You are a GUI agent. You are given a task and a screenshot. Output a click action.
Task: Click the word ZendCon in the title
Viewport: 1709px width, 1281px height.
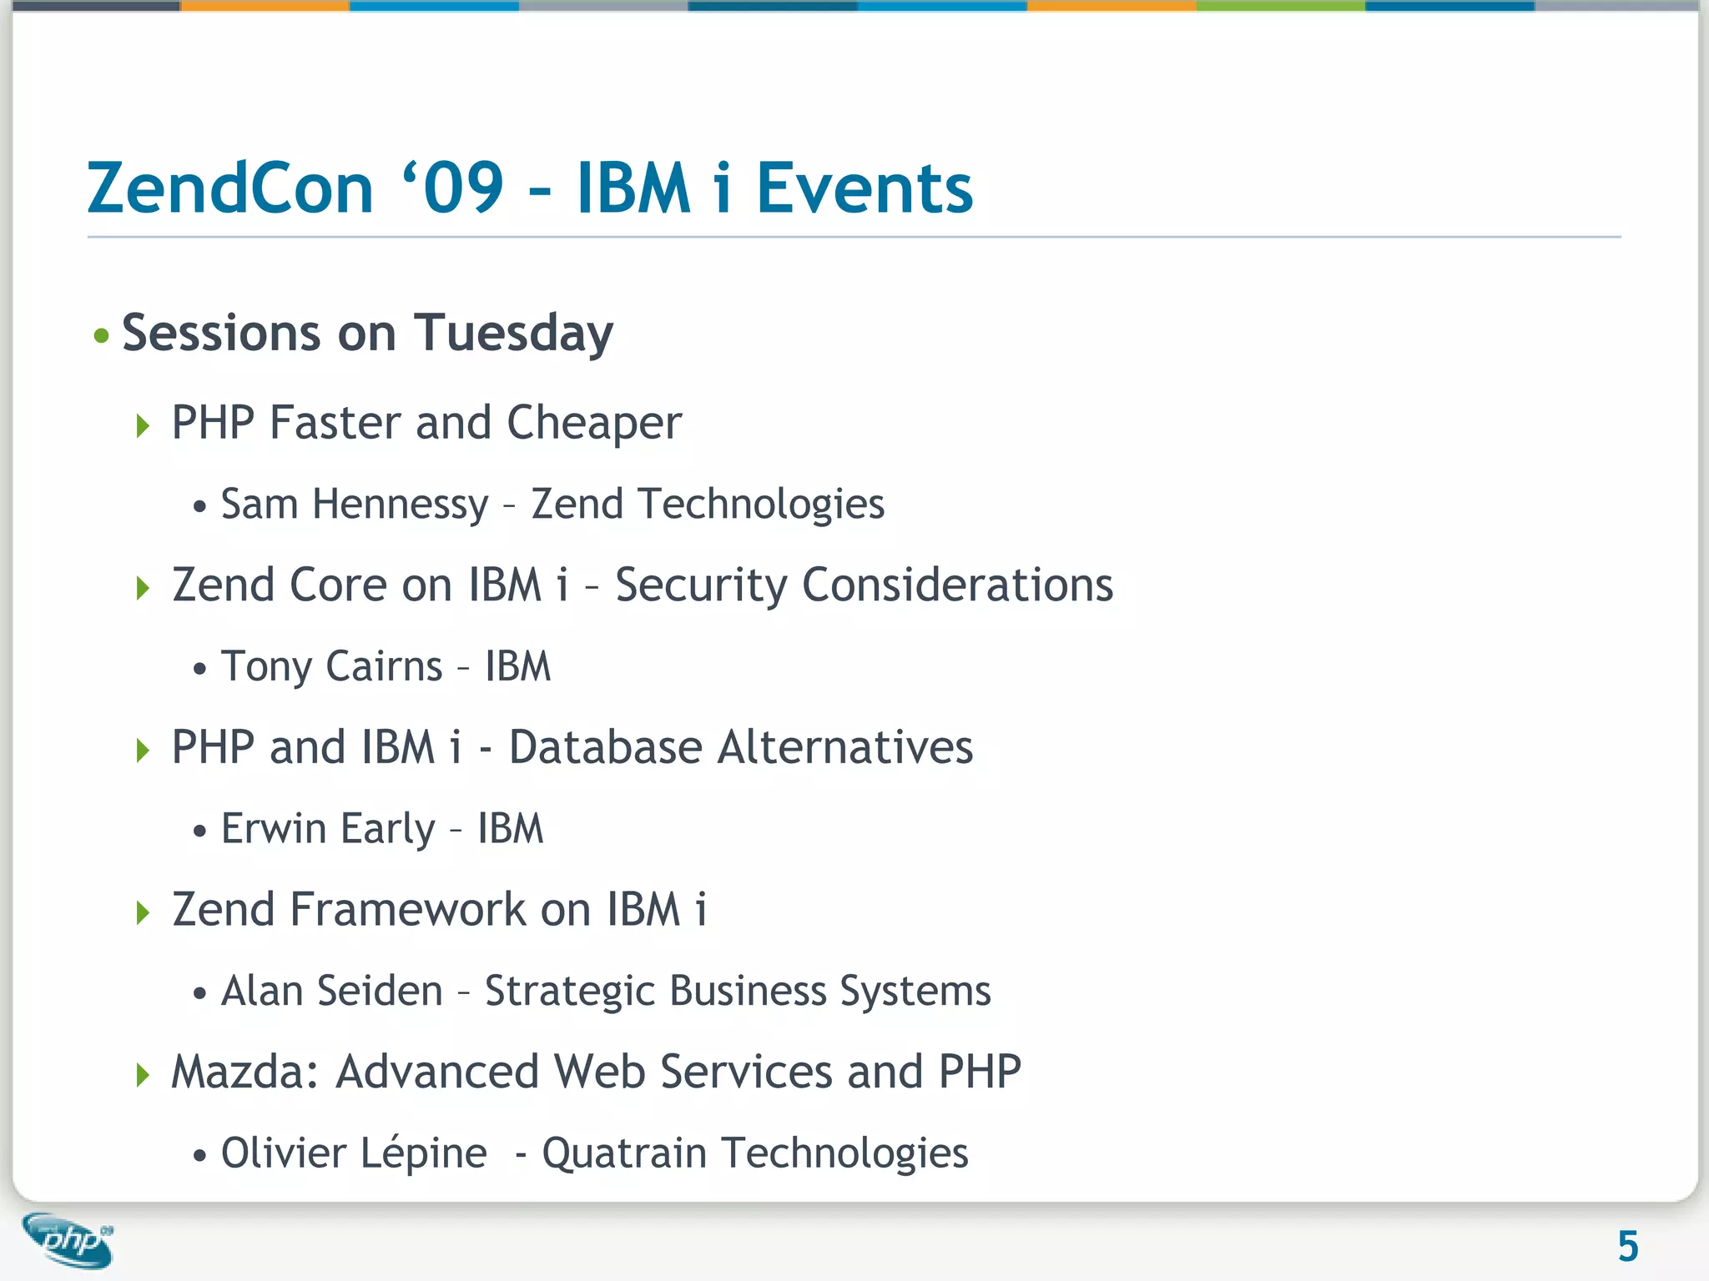(230, 188)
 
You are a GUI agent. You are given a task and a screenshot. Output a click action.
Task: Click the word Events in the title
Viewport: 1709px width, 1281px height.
(865, 188)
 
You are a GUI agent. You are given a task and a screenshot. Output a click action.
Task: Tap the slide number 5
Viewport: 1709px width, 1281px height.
(1627, 1247)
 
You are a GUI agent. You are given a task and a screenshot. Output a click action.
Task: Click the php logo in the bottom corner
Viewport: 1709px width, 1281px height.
(68, 1240)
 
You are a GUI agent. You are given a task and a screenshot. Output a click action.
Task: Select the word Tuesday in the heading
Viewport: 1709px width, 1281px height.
(513, 334)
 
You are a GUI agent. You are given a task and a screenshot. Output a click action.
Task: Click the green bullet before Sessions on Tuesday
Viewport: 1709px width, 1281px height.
(101, 336)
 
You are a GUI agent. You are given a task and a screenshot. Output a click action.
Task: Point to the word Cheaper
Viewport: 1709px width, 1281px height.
(594, 423)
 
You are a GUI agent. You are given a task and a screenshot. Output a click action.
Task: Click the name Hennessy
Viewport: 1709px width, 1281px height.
(400, 505)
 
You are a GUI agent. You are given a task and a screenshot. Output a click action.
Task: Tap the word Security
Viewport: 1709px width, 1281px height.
(701, 585)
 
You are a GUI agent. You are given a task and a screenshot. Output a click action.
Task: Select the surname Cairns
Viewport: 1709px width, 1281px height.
(384, 666)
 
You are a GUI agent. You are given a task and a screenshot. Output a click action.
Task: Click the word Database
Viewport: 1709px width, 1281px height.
(605, 747)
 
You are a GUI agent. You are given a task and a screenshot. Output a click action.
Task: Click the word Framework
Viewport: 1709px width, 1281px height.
(407, 909)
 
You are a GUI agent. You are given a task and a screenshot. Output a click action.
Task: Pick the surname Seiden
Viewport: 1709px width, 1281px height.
(380, 991)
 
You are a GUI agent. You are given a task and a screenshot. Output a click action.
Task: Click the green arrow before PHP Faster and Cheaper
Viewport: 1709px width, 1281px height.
(143, 426)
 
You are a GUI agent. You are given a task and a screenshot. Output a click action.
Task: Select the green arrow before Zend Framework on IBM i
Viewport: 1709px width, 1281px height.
(143, 912)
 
